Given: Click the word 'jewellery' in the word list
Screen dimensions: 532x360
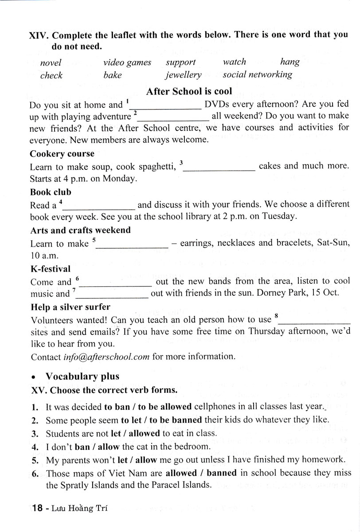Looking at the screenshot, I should coord(184,75).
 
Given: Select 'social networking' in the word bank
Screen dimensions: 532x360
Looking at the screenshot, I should coord(257,74).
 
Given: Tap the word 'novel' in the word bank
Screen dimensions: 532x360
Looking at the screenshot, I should coord(51,63).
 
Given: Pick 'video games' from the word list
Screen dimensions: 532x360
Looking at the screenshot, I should coord(127,63).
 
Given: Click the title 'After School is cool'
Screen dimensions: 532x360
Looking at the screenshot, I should coord(189,91).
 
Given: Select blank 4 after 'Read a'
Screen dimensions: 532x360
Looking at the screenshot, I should coord(100,206).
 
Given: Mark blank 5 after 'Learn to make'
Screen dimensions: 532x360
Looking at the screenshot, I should coord(133,244).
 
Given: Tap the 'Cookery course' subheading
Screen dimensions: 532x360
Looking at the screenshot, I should coord(62,154).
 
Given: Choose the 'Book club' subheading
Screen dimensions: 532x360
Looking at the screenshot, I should coord(51,192).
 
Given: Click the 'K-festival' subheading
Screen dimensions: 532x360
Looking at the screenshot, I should coord(50,269).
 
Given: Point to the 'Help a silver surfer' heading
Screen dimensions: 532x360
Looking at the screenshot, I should coord(70,307).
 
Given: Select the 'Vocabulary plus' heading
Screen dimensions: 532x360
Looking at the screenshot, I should coord(82,376).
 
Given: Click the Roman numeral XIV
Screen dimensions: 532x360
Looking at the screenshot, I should coord(39,35).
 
